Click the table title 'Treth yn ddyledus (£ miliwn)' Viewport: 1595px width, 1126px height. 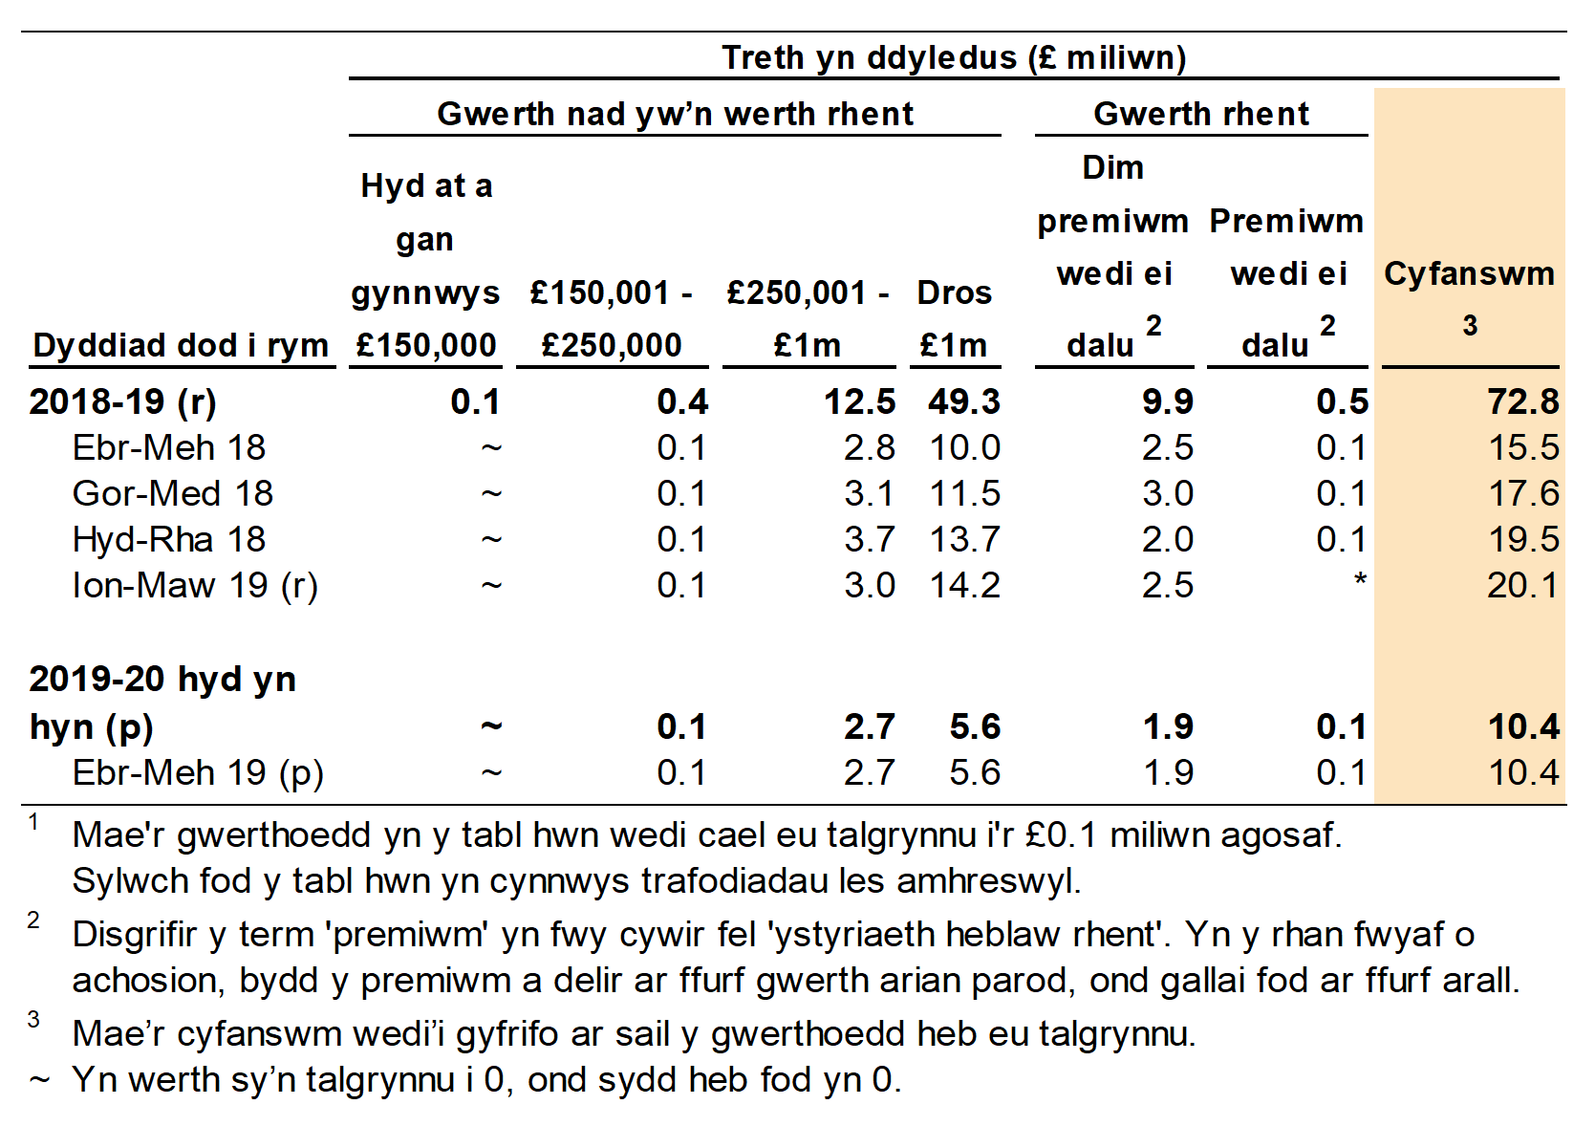953,57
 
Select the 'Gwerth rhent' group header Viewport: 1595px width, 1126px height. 1200,114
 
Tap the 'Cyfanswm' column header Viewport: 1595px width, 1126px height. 1469,274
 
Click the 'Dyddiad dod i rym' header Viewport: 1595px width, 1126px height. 181,345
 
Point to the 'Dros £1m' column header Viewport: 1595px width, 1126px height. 954,318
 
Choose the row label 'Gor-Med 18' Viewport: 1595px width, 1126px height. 173,493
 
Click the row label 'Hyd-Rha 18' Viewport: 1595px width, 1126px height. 169,539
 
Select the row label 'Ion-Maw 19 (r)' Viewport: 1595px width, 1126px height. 195,585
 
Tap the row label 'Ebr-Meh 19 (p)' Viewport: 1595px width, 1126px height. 198,772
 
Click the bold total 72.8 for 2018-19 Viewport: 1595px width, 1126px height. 1522,401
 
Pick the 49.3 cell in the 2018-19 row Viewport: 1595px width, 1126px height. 963,401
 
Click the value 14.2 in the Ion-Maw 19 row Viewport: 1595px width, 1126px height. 964,585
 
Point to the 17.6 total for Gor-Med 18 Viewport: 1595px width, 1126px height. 1523,493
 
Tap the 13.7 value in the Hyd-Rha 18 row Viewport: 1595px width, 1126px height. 964,539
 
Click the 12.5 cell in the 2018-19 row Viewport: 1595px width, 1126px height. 859,401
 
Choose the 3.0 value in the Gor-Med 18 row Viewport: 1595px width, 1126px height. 1167,493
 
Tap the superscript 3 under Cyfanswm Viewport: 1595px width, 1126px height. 1470,326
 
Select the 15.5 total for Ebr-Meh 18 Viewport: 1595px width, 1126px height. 1523,447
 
